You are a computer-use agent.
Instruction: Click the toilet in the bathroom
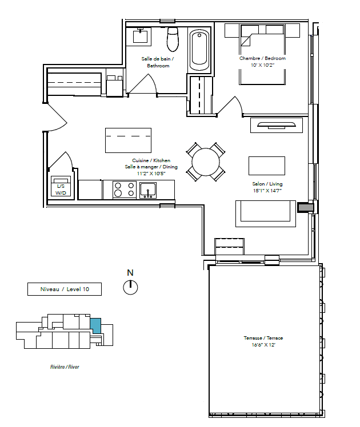[x=173, y=39]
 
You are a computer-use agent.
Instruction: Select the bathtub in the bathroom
[x=199, y=50]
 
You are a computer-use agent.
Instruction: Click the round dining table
[x=206, y=162]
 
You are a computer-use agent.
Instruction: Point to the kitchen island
[x=128, y=140]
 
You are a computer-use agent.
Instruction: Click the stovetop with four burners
[x=124, y=190]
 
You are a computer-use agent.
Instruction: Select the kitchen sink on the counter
[x=148, y=190]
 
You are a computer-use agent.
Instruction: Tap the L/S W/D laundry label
[x=61, y=190]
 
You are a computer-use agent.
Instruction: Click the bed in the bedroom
[x=262, y=54]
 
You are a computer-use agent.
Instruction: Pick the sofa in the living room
[x=266, y=213]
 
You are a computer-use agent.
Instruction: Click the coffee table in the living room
[x=267, y=166]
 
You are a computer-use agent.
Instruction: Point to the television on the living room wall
[x=277, y=124]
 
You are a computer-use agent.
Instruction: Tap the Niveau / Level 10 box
[x=65, y=289]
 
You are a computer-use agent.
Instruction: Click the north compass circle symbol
[x=130, y=288]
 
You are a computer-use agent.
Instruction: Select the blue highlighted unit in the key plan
[x=95, y=325]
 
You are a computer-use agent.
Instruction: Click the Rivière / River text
[x=65, y=367]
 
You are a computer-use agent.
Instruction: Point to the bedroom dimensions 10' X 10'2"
[x=262, y=65]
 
